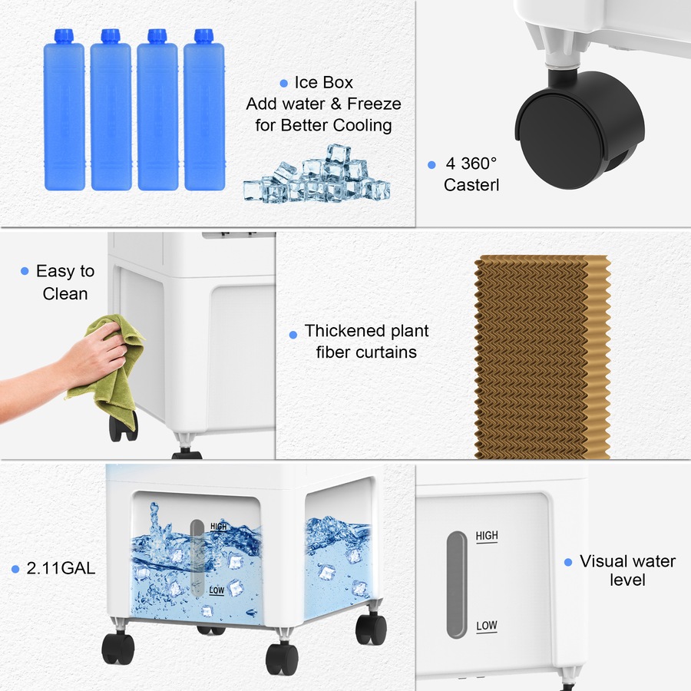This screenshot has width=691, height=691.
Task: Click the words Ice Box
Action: coord(323,83)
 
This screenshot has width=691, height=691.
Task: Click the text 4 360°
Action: coord(471,164)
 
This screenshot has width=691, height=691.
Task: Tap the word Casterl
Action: coord(471,185)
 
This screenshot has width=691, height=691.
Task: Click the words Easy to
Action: coord(65,272)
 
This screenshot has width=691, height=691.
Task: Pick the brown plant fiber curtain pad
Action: coord(542,357)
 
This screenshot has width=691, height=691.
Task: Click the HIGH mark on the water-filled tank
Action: coord(218,527)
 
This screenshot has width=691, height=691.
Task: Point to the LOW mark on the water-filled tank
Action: coord(217,591)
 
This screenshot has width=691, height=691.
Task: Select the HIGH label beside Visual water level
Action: coord(487,536)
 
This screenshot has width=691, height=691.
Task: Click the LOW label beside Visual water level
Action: coord(486,626)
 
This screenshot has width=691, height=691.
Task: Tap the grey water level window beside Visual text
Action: coord(456,584)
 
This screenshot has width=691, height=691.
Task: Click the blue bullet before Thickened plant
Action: coord(293,335)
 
